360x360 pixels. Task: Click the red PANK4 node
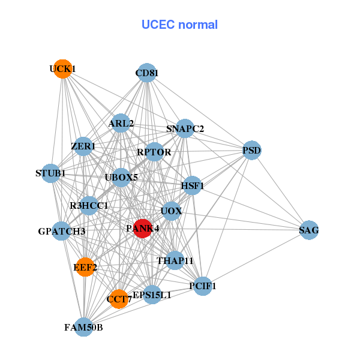click(142, 229)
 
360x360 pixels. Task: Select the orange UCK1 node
click(62, 69)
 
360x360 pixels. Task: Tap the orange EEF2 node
click(86, 267)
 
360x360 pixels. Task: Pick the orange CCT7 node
click(119, 298)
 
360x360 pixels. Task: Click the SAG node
click(308, 230)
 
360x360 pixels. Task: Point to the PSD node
click(252, 150)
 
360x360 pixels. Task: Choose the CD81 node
click(146, 74)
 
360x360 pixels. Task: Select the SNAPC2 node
click(185, 128)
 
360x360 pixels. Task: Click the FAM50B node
click(84, 327)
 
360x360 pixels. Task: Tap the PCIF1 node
click(203, 286)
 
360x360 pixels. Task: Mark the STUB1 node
click(52, 174)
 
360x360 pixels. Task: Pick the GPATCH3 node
click(62, 231)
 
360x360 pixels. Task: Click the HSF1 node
click(193, 186)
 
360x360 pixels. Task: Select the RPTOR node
click(154, 152)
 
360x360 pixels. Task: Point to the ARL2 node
click(121, 124)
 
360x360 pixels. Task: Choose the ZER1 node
click(83, 146)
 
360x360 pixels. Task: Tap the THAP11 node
click(175, 260)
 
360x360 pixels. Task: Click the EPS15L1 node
click(152, 295)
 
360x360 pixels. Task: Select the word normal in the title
click(197, 25)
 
